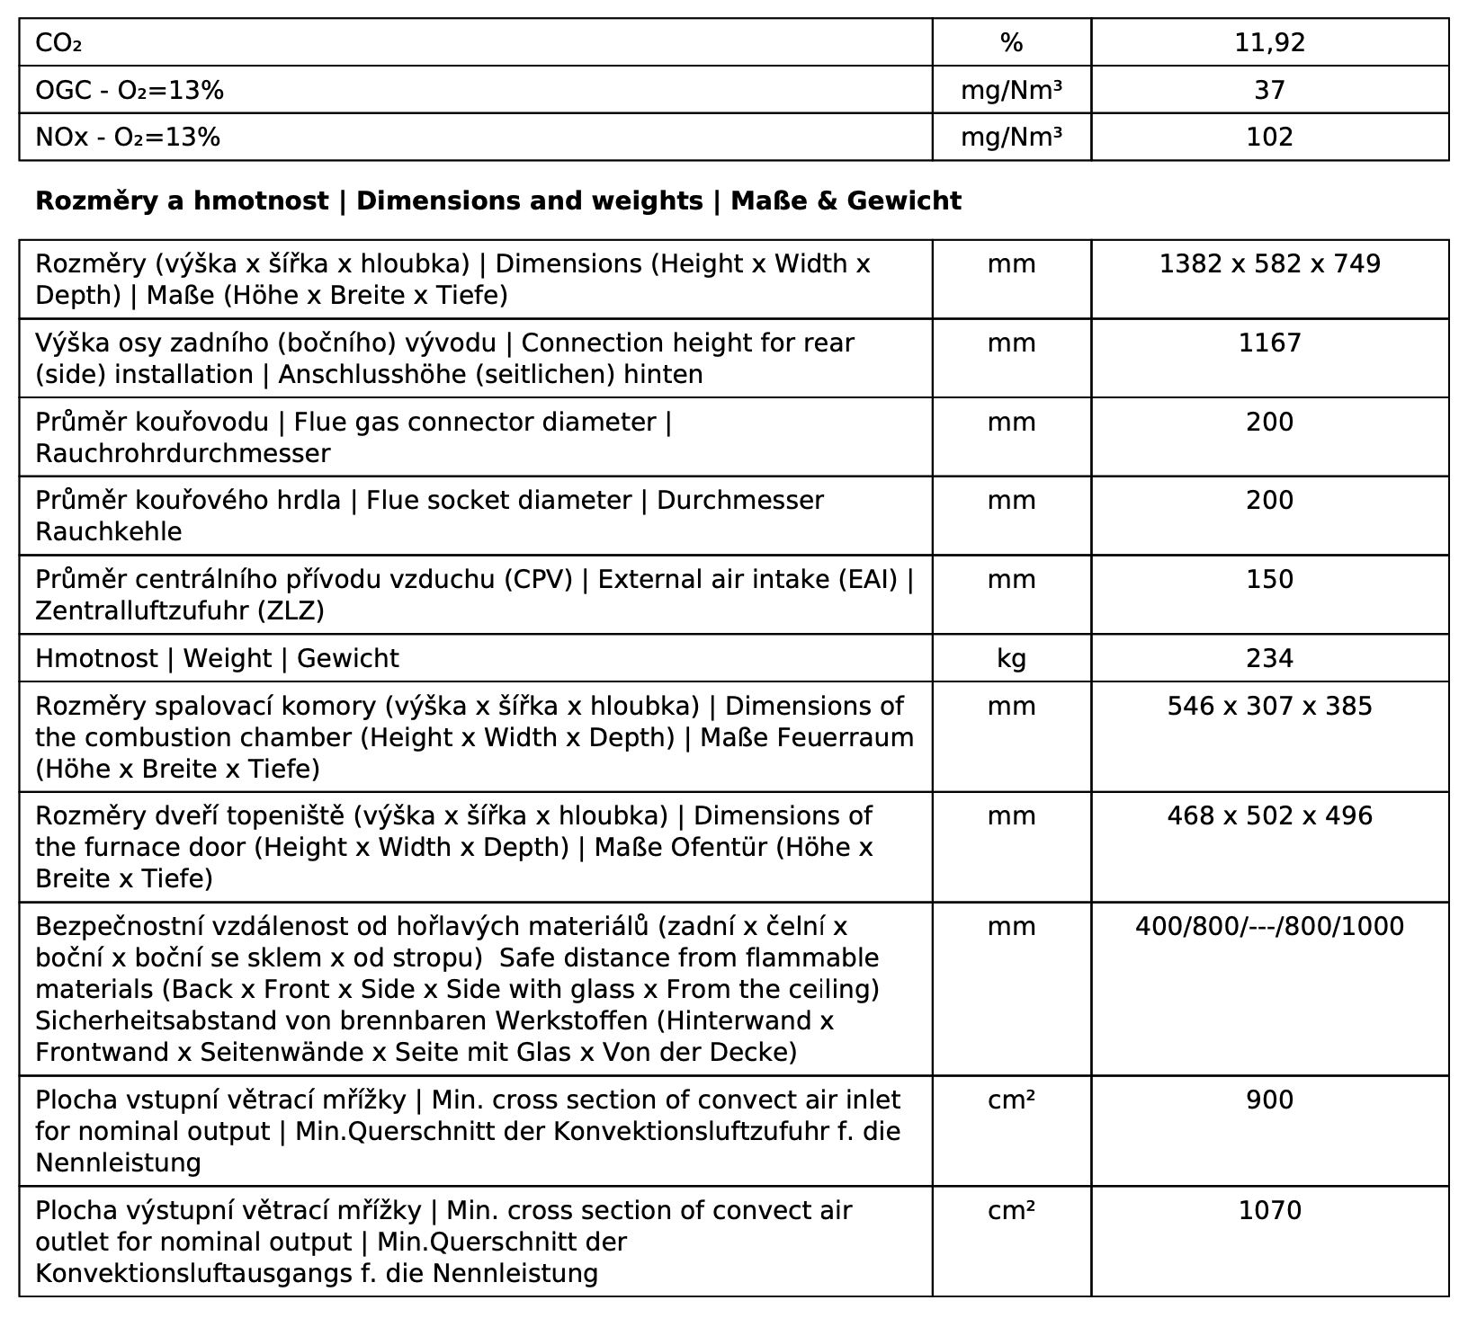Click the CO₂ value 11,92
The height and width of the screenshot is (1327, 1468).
click(x=1269, y=42)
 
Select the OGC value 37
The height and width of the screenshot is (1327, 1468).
click(x=1269, y=90)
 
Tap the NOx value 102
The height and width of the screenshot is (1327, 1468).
click(x=1269, y=137)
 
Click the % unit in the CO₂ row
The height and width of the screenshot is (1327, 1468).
click(x=1011, y=42)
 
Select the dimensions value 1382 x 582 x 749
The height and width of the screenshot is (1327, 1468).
click(x=1269, y=263)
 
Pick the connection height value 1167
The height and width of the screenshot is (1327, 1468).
click(x=1269, y=343)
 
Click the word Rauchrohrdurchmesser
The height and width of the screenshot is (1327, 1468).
click(x=183, y=453)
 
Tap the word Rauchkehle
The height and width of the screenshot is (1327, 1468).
click(x=108, y=531)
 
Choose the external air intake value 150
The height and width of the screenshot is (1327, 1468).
click(x=1269, y=579)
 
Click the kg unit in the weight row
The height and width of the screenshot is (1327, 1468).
click(x=1011, y=658)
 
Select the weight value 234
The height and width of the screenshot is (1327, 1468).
click(x=1269, y=658)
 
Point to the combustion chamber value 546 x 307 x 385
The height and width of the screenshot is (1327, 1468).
click(x=1269, y=706)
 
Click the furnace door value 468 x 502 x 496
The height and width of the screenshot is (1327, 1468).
click(x=1269, y=815)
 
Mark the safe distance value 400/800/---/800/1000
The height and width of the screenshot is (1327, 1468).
click(x=1269, y=926)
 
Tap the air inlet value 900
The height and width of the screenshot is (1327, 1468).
click(x=1269, y=1100)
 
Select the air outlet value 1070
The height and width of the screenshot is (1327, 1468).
click(x=1269, y=1210)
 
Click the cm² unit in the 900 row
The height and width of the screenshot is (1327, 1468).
click(x=1011, y=1100)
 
